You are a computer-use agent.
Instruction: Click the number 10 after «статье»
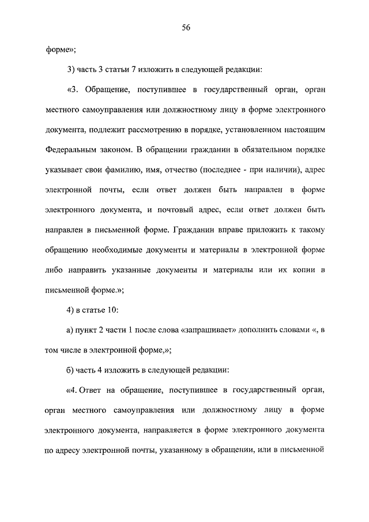(x=113, y=309)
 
